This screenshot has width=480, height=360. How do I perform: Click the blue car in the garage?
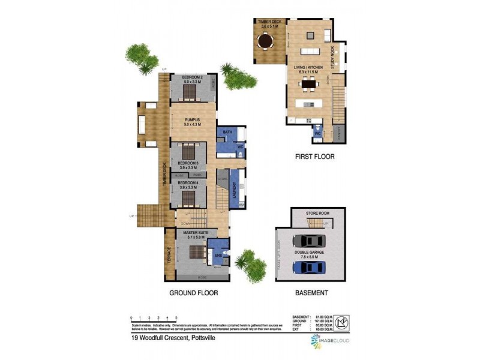[x=310, y=268]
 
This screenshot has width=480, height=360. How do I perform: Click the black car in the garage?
[x=310, y=241]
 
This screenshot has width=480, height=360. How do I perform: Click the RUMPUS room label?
[x=192, y=121]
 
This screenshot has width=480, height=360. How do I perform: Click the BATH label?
[x=227, y=131]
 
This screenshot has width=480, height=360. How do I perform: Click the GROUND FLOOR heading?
[x=193, y=293]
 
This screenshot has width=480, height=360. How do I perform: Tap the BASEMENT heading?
[x=311, y=293]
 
